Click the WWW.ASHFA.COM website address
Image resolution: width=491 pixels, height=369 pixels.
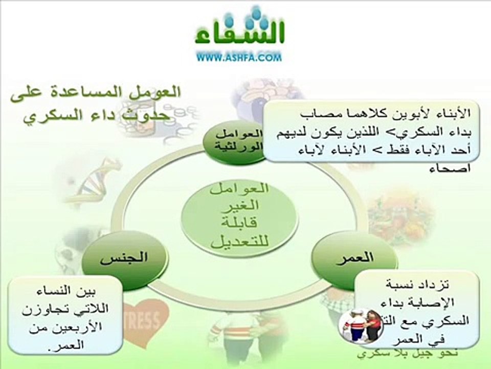tap(239, 58)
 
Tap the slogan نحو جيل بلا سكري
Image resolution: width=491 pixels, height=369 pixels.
tap(400, 354)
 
